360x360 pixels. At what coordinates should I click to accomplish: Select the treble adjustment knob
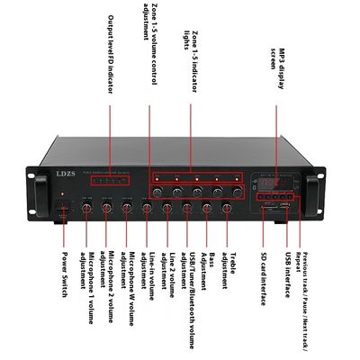[227, 209]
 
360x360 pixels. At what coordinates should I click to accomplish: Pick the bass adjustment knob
[207, 209]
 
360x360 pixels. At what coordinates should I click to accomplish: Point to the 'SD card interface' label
[264, 279]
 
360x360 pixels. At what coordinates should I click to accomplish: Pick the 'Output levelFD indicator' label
[111, 55]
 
